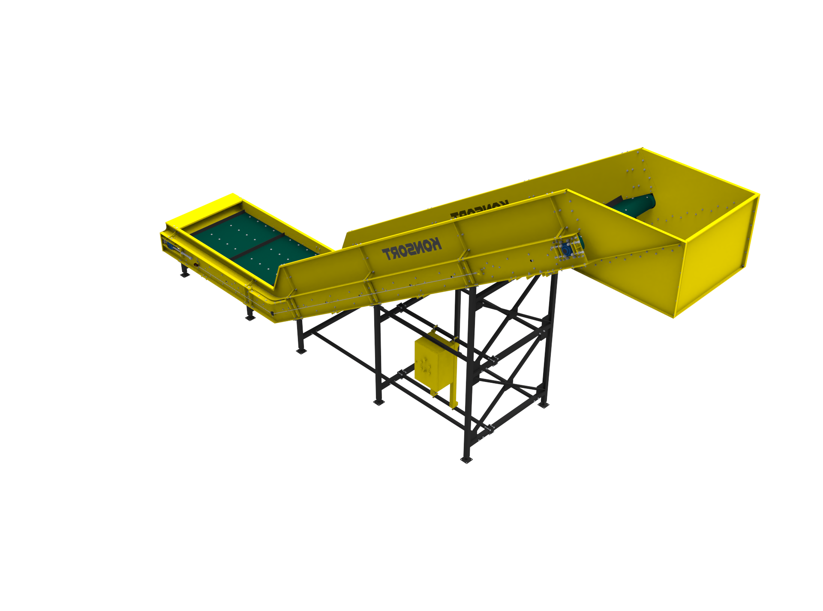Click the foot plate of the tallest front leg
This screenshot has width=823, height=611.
pos(466,460)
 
